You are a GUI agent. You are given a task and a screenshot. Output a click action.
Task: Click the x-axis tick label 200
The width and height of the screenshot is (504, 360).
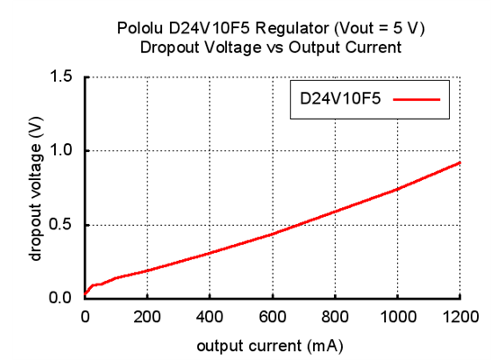pos(147,316)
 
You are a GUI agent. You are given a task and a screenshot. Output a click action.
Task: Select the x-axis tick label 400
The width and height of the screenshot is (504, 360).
pos(210,316)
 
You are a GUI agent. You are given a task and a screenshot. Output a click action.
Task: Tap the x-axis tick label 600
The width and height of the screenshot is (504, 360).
pos(272,316)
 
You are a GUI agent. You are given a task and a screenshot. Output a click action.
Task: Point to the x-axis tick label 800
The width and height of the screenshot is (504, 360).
pos(335,316)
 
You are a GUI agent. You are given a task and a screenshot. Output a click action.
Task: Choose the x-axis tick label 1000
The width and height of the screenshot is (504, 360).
pos(397,316)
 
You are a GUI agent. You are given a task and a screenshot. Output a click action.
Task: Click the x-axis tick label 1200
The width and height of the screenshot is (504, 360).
pos(459,316)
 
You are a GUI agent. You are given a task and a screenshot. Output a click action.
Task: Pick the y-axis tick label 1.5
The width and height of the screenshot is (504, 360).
pos(62,77)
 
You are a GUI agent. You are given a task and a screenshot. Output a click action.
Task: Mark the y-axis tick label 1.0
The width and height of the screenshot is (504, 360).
pos(62,151)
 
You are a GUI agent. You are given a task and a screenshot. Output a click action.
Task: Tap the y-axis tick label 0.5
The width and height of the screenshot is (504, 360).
pos(62,225)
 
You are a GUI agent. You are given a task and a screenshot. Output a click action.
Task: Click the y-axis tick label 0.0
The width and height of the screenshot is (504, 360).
pos(62,298)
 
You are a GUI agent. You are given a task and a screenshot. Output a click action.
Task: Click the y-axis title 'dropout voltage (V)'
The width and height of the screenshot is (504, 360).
pos(36,188)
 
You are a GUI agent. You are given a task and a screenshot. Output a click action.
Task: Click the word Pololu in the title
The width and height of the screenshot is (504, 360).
pos(141,29)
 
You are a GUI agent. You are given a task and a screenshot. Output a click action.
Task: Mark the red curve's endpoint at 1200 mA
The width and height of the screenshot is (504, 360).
pos(460,163)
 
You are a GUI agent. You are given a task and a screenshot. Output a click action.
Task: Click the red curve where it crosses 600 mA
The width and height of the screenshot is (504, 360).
pos(272,234)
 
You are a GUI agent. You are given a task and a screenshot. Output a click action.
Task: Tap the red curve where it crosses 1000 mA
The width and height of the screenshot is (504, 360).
pos(397,189)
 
